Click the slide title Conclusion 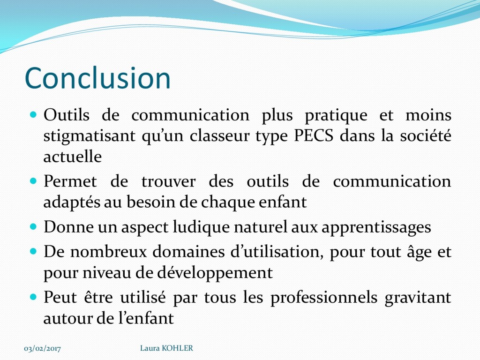97,78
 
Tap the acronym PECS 314,135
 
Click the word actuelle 73,157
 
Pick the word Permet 70,181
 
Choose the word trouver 168,181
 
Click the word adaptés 72,202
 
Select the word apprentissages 376,228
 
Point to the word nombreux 109,252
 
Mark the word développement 215,273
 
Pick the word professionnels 324,298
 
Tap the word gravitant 418,298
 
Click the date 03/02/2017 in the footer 42,348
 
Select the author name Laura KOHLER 166,348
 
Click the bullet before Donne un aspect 33,227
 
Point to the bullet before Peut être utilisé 33,297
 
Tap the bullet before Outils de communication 33,115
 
